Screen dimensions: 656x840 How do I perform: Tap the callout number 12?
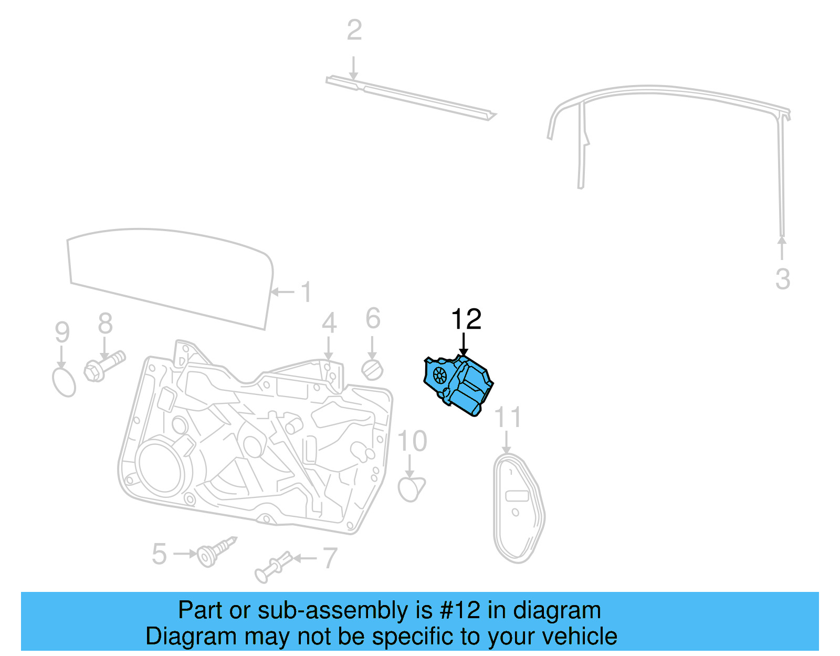click(x=466, y=319)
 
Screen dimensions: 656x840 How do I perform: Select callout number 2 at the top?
click(x=354, y=30)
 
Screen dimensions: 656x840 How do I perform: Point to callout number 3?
click(x=782, y=279)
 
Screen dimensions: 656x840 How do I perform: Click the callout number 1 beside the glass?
click(x=306, y=292)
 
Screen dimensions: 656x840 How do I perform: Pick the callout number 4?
click(x=329, y=322)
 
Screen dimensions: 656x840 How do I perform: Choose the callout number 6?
click(x=373, y=318)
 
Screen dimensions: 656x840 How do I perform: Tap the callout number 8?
click(x=105, y=324)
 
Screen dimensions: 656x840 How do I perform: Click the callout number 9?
click(x=62, y=332)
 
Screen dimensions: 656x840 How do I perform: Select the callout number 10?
click(x=412, y=441)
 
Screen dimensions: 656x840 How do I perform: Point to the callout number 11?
click(x=508, y=418)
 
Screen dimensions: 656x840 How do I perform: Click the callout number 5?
click(x=159, y=554)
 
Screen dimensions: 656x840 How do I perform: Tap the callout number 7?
click(x=329, y=558)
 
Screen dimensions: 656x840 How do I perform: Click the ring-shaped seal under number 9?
click(x=64, y=382)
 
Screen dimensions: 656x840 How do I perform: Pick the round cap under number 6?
click(x=372, y=370)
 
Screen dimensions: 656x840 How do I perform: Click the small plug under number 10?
click(x=411, y=488)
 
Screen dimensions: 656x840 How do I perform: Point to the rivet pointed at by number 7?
click(x=272, y=567)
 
